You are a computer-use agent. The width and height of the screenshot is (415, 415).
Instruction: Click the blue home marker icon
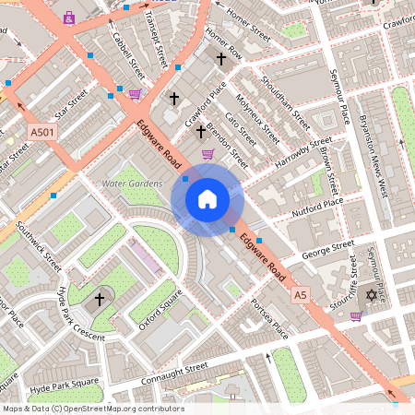click(207, 199)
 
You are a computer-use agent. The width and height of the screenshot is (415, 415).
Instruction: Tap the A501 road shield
click(41, 133)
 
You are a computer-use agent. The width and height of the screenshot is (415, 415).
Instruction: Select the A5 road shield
click(300, 294)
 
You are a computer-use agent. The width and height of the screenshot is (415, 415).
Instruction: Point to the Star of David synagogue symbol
click(373, 294)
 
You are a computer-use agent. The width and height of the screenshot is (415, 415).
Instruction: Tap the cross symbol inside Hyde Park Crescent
click(100, 299)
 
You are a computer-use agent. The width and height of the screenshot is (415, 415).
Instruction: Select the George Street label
click(327, 248)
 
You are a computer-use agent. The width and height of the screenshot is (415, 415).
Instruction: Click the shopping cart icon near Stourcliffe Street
click(356, 315)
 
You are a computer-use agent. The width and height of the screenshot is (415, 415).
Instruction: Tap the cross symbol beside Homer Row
click(220, 59)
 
